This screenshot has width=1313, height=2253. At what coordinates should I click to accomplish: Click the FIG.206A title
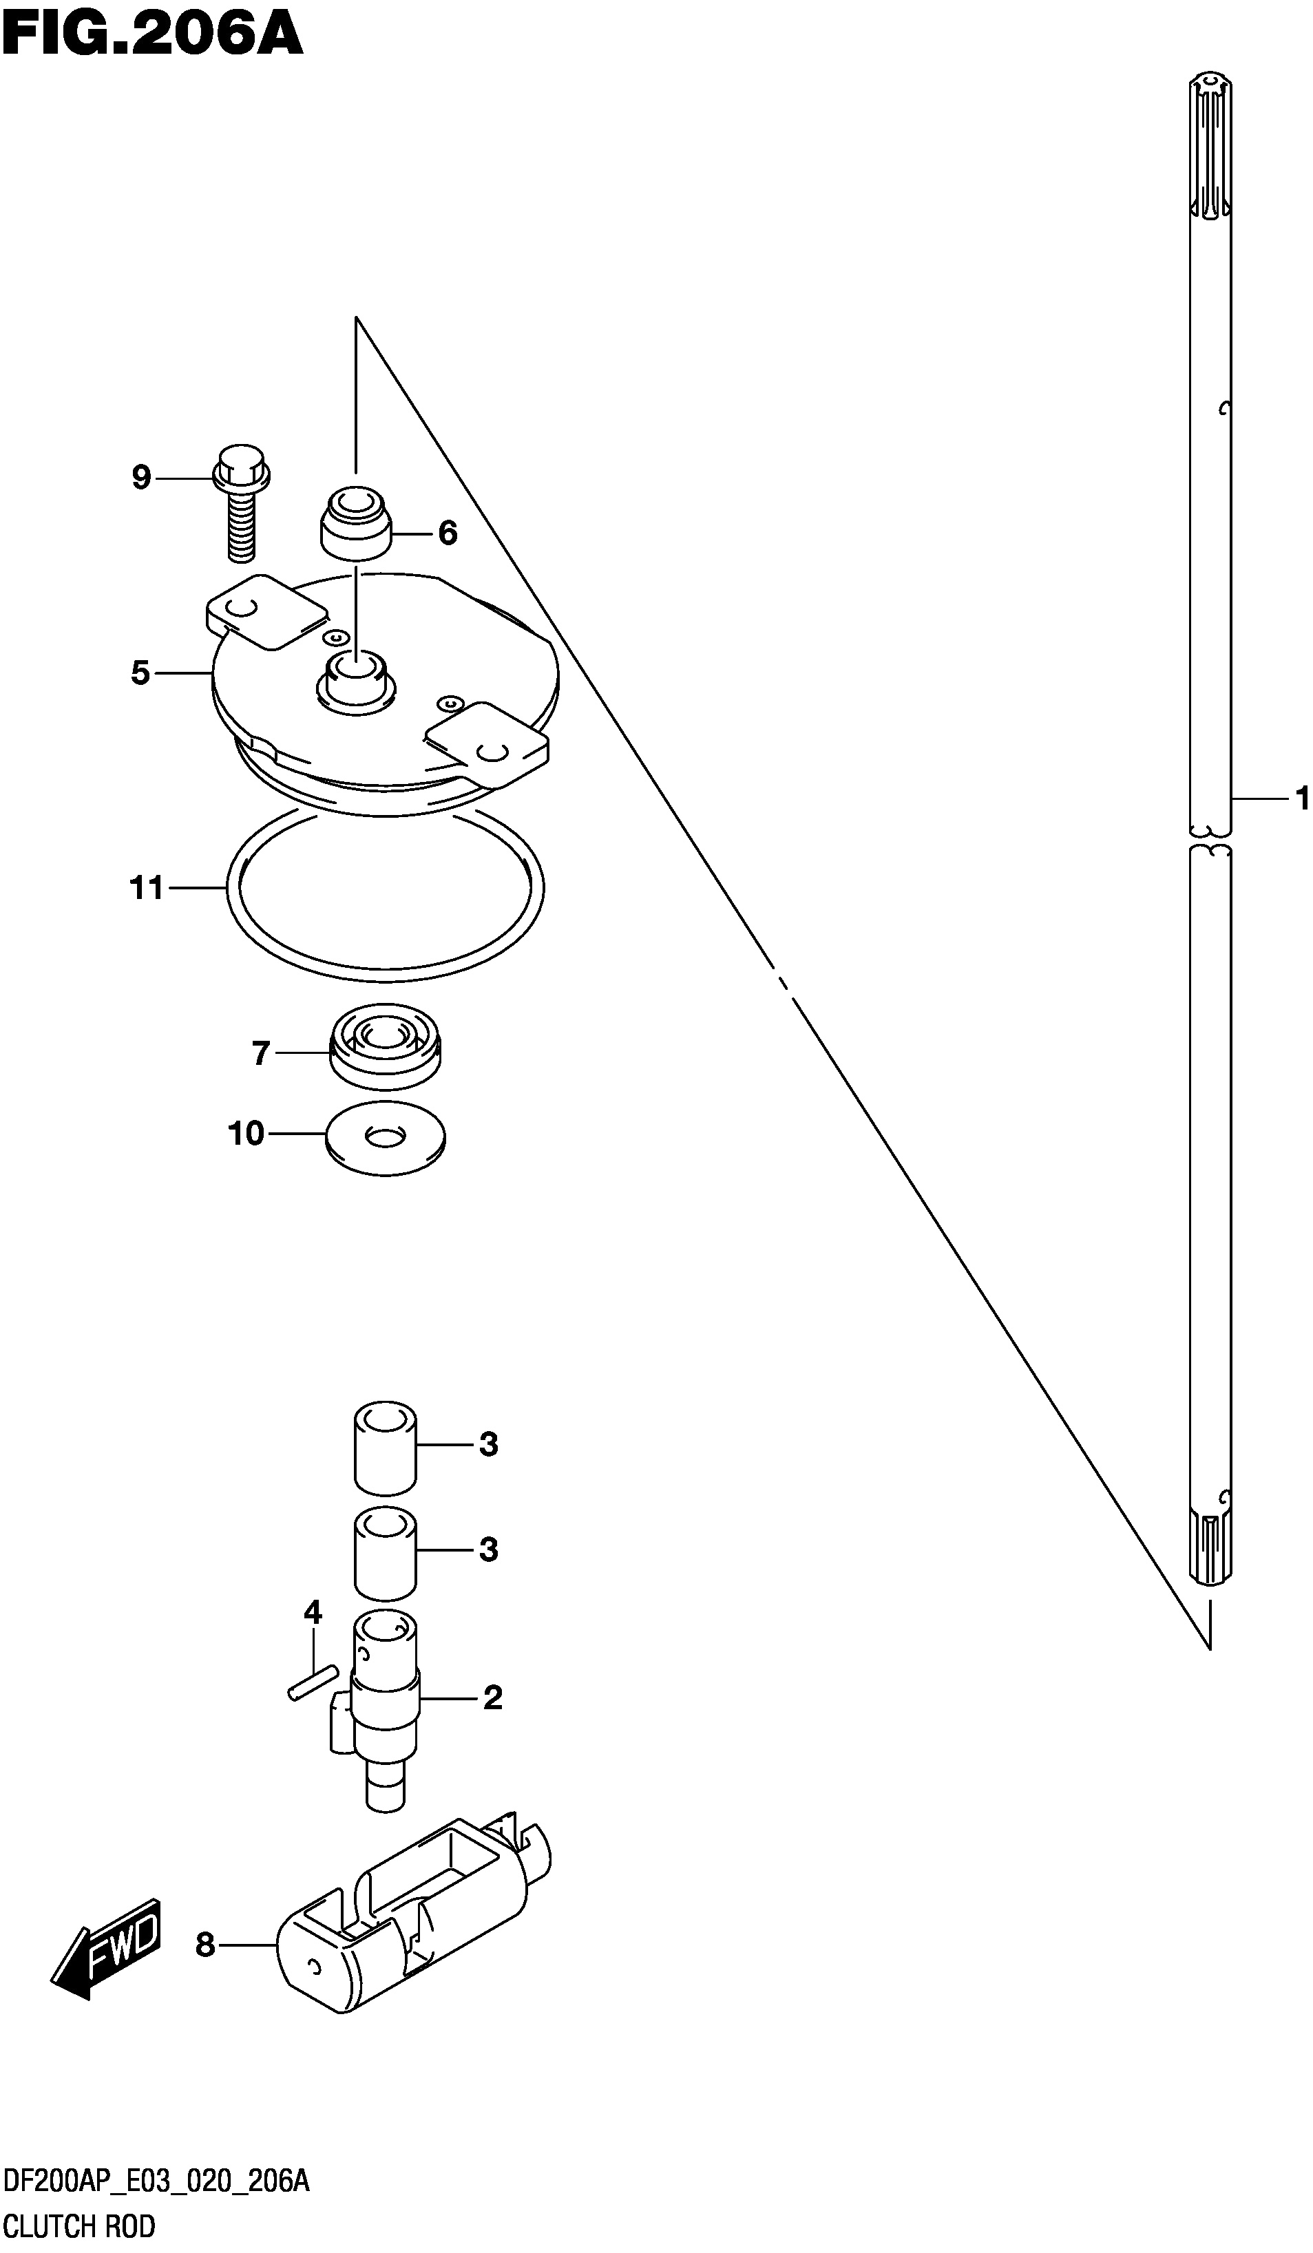(x=152, y=36)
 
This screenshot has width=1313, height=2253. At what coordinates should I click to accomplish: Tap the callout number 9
(x=141, y=478)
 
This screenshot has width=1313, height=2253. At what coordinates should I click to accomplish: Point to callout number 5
(x=140, y=673)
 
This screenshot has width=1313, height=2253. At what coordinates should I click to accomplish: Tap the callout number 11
(x=147, y=888)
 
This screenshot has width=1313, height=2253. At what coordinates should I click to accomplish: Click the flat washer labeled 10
(x=386, y=1137)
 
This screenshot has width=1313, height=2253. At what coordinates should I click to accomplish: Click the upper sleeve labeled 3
(x=386, y=1448)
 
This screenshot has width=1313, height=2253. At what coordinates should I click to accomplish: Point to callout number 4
(x=312, y=1613)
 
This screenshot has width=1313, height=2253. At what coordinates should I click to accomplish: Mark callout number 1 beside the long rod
(x=1302, y=798)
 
